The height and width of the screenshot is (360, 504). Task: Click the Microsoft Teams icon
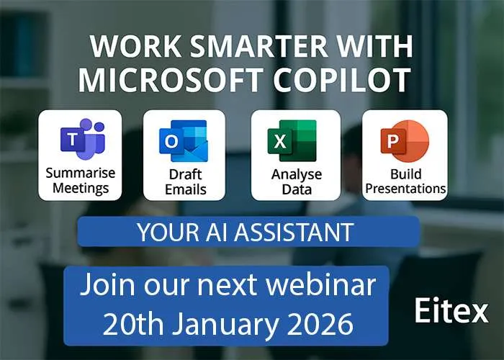[83, 139]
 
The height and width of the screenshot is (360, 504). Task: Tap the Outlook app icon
[184, 140]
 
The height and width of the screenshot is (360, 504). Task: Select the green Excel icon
[292, 140]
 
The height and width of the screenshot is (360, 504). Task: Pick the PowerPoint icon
[405, 141]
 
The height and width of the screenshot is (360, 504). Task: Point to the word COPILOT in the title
[342, 80]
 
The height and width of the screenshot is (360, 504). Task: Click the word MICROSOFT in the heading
[170, 80]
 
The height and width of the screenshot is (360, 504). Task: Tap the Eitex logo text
[451, 310]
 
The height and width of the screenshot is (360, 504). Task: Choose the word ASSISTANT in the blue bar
[294, 232]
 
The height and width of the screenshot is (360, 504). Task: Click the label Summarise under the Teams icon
[81, 173]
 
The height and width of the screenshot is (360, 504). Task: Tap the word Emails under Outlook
[186, 189]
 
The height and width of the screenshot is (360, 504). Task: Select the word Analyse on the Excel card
[297, 175]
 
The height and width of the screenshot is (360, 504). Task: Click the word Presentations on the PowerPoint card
[405, 189]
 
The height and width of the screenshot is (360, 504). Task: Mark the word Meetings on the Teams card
[81, 189]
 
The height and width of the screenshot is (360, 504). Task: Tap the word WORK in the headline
[135, 46]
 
